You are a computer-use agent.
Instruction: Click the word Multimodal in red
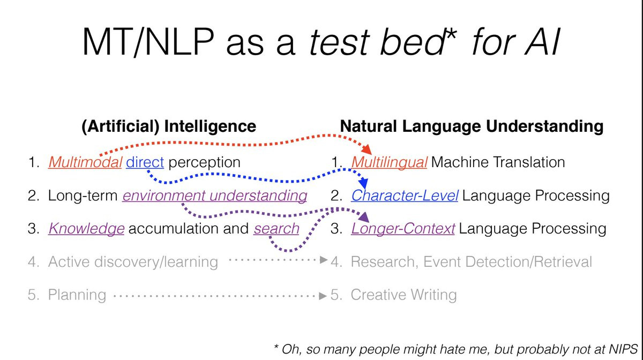point(85,162)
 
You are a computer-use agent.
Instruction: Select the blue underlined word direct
point(145,162)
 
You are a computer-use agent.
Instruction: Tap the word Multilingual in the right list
point(389,162)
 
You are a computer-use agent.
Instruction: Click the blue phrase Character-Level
point(405,196)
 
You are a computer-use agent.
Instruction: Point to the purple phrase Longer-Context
point(403,229)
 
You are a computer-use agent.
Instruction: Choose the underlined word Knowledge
point(86,229)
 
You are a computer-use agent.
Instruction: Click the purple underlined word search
point(276,229)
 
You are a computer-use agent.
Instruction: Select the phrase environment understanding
point(215,196)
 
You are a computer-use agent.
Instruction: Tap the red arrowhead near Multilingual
point(367,149)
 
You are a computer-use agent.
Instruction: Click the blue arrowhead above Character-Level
point(363,183)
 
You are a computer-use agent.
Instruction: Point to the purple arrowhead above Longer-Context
point(364,217)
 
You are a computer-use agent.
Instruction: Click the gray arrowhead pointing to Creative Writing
point(323,296)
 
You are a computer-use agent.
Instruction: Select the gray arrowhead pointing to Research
point(324,260)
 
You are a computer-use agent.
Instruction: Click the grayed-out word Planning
point(77,295)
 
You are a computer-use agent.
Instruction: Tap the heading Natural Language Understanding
point(472,126)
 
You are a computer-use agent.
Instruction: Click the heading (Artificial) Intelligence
point(169,126)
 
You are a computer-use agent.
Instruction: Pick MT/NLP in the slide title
point(148,42)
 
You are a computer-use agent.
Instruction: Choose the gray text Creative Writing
point(403,295)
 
